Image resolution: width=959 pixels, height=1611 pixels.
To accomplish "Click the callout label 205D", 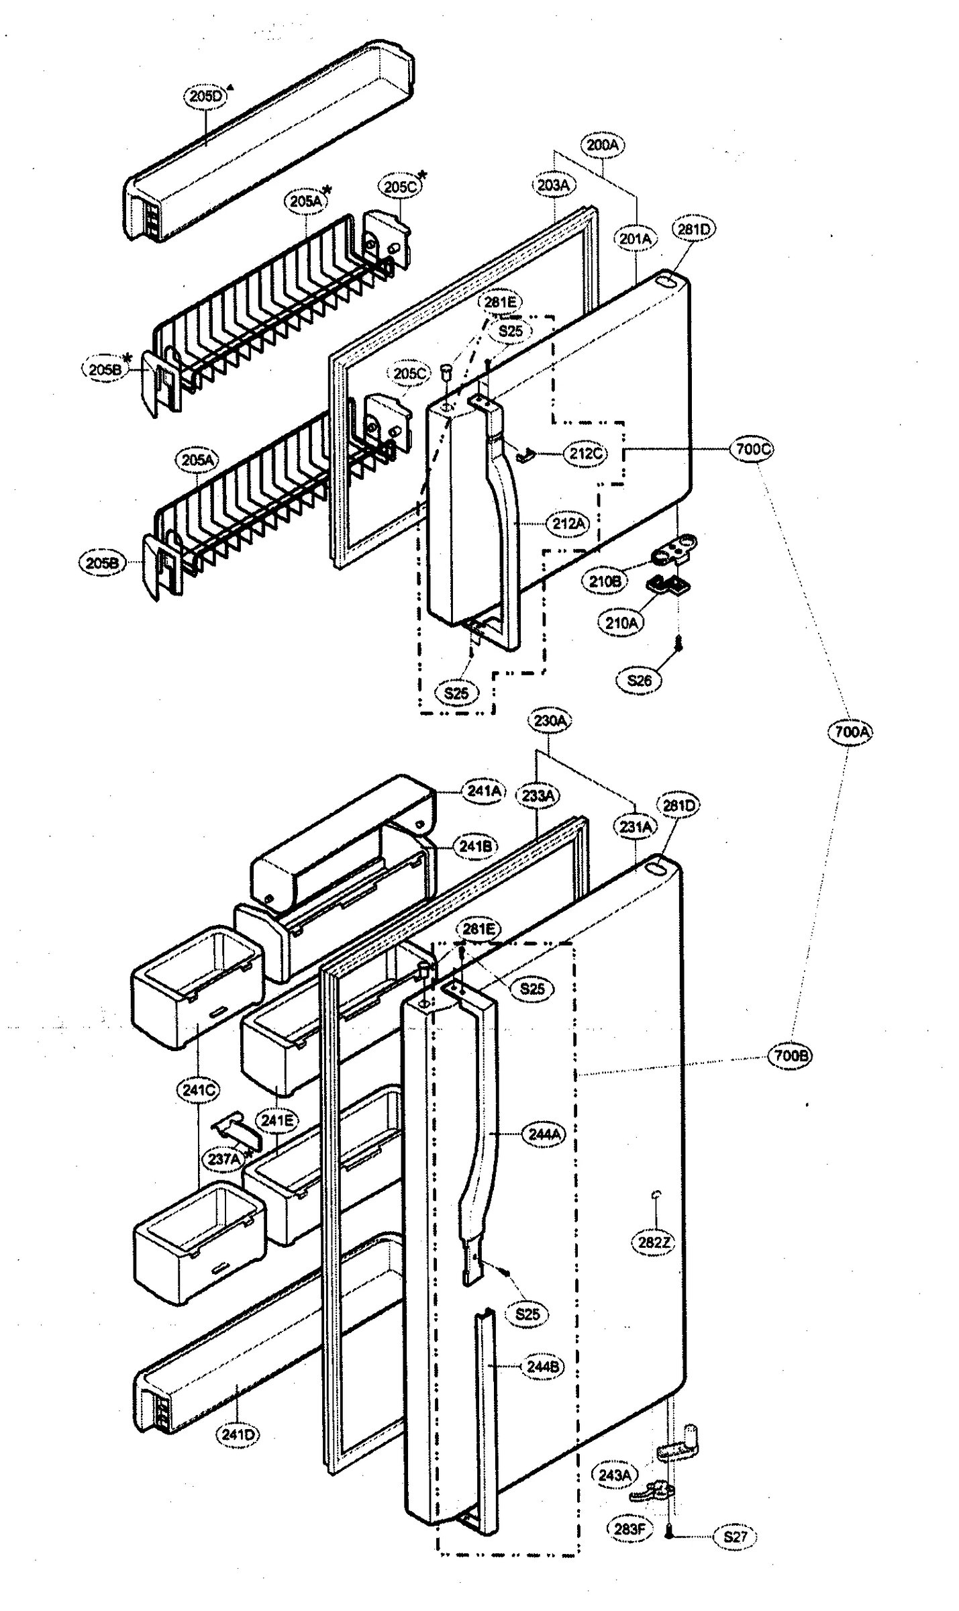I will pos(205,96).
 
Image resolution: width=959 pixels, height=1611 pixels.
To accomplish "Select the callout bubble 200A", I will pos(602,144).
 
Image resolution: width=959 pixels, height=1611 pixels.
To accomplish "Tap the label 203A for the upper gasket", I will pos(553,185).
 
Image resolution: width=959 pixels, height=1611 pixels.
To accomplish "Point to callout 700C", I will pos(752,448).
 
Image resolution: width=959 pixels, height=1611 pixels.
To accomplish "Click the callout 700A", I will pos(851,731).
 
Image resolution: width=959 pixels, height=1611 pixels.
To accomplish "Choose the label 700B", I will pos(790,1056).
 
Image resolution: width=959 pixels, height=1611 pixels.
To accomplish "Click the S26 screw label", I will pos(639,680).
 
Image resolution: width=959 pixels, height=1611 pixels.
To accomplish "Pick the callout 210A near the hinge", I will pos(621,622).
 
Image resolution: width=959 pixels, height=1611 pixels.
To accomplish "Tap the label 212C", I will pos(585,453).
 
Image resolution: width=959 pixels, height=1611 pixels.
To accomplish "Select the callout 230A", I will pos(550,720).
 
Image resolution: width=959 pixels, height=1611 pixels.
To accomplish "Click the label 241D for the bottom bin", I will pos(238,1435).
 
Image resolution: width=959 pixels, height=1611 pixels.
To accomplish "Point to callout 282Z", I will pos(653,1242).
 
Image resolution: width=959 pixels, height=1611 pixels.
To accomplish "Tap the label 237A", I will pos(223,1159).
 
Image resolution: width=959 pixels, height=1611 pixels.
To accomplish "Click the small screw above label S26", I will pos(678,644).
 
